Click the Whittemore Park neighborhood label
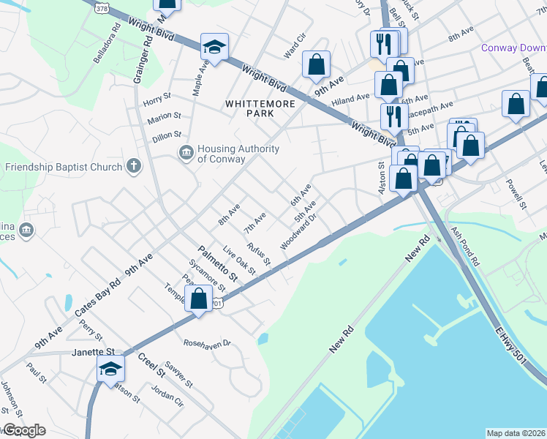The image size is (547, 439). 260,108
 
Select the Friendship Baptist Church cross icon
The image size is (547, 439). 133,166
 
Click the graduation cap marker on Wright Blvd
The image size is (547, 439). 214,48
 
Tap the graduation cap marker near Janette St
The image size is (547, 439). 110,369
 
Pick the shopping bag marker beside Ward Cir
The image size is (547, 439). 316,64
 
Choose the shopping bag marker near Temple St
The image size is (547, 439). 198,299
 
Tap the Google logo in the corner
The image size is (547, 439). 24,430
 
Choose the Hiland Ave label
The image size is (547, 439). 350,99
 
